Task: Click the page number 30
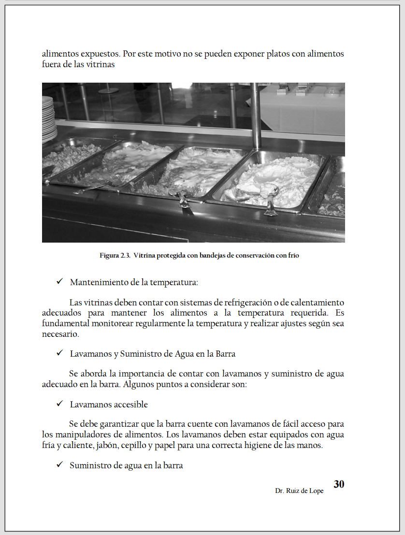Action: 339,484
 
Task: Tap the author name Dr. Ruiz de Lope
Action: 299,491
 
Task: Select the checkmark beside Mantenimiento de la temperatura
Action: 59,282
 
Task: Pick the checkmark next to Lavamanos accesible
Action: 59,404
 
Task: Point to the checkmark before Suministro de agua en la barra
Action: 59,465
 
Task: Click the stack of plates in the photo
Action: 49,118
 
